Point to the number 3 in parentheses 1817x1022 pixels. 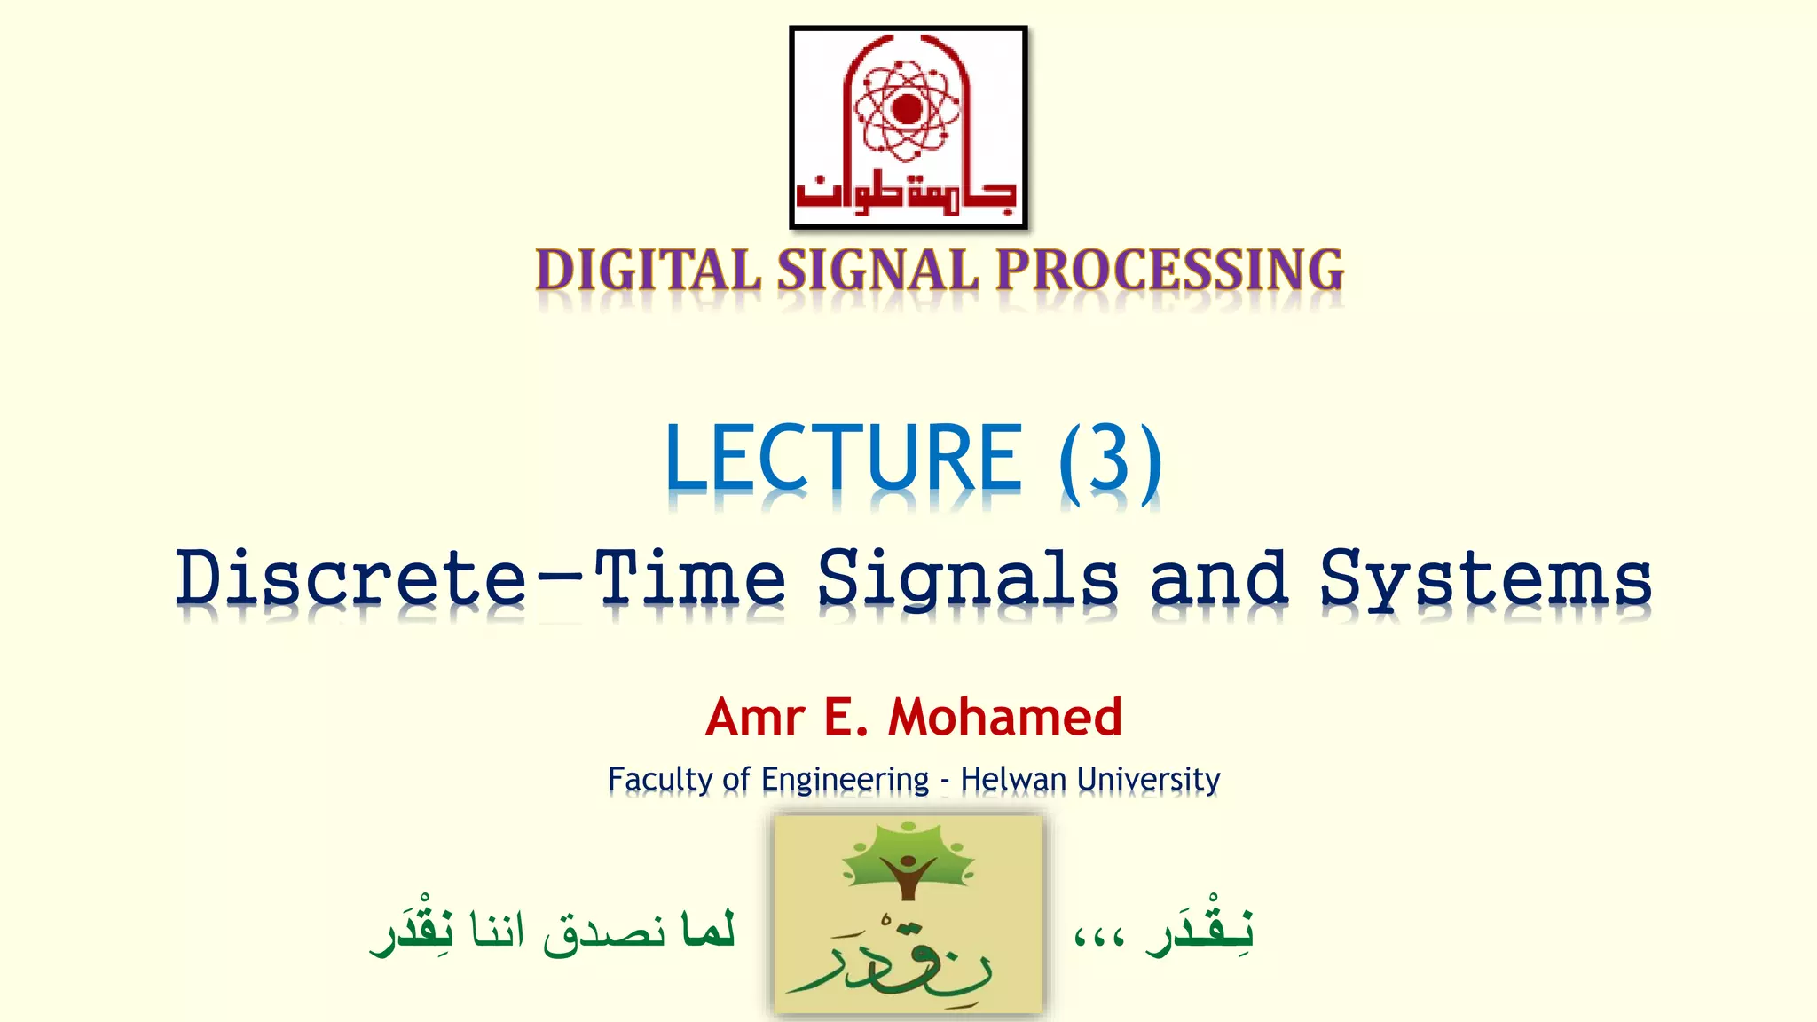[1110, 460]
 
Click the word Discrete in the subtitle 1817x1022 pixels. [352, 578]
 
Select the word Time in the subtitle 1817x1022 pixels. [689, 578]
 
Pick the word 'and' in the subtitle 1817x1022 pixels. [1219, 578]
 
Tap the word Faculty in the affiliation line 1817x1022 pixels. [660, 780]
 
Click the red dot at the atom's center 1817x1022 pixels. [907, 109]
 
